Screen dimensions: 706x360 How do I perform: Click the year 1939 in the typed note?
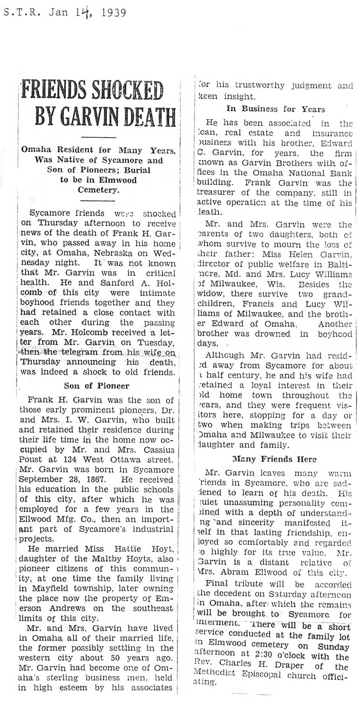(x=113, y=13)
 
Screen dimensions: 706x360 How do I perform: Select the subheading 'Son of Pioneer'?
(x=96, y=386)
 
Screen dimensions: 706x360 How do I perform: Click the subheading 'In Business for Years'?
(x=275, y=109)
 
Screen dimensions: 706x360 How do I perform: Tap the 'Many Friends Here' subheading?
(x=274, y=459)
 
